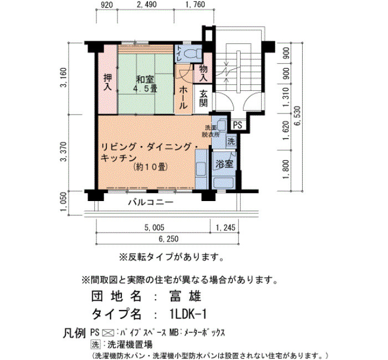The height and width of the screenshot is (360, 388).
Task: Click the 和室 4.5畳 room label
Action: coord(145,84)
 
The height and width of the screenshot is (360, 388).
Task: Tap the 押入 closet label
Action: coord(108,82)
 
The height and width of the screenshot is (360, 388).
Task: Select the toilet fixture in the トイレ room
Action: coord(192,53)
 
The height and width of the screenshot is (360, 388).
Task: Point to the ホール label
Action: coord(183,97)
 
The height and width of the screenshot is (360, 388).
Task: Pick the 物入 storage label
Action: coord(203,73)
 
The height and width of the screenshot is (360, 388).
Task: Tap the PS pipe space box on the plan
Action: coord(238,125)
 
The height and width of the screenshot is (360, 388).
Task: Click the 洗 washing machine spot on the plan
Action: coord(231,142)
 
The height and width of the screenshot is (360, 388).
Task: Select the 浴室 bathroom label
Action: coord(224,163)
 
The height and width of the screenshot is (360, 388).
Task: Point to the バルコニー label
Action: coord(151,203)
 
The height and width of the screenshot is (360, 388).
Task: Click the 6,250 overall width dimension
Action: coord(169,239)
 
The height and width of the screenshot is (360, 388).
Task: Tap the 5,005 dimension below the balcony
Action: coord(154,228)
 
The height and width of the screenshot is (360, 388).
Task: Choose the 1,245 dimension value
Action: coord(226,228)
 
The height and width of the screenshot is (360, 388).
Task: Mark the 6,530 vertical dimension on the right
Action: coord(298,116)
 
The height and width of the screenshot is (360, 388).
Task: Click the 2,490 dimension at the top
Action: coord(146,4)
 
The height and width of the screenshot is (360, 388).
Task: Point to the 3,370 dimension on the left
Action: coord(64,152)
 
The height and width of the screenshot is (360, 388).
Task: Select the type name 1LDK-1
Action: coord(188,314)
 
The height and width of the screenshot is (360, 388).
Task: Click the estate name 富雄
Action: coord(185,296)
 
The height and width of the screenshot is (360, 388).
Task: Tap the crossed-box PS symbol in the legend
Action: coord(108,333)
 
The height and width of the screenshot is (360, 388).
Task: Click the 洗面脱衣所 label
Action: coord(211,131)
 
